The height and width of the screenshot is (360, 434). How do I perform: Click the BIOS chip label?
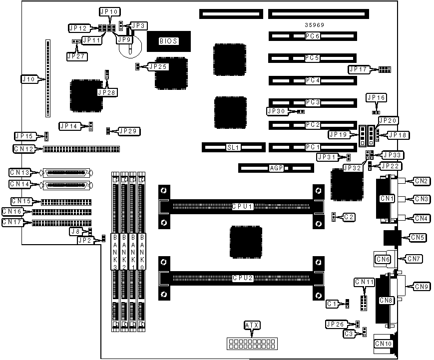168,41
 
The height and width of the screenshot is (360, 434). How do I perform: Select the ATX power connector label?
252,326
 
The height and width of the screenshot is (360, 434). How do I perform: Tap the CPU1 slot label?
242,206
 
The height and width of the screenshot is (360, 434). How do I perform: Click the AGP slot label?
275,168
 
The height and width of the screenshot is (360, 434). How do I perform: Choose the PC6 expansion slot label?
313,36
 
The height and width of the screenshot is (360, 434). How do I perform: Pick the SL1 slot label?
233,147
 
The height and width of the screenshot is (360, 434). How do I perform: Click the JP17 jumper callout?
359,69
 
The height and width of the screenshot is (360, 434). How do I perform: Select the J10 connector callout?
27,79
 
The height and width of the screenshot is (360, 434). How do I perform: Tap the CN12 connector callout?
24,149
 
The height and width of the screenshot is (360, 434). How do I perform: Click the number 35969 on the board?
314,25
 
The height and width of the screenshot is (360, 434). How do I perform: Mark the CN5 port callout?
418,238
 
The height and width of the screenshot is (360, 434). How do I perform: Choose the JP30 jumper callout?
276,111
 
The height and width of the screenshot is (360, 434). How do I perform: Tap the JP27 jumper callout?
76,56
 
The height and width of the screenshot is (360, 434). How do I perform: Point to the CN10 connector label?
383,344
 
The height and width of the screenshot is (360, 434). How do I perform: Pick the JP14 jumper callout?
69,126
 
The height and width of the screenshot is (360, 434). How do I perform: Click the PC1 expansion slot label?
313,147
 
